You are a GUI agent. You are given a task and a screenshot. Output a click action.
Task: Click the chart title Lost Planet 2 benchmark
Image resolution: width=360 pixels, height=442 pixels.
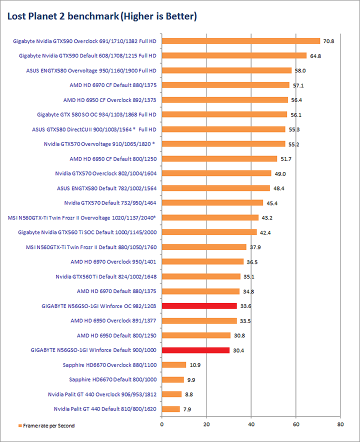pyautogui.click(x=101, y=16)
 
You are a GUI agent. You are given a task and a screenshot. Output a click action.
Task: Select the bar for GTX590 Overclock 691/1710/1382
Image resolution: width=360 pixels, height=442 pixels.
pyautogui.click(x=240, y=41)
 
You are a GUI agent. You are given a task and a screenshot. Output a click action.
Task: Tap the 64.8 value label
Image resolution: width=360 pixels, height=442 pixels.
pyautogui.click(x=315, y=56)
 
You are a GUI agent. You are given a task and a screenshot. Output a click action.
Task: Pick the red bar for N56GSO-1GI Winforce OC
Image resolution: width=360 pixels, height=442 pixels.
pyautogui.click(x=199, y=306)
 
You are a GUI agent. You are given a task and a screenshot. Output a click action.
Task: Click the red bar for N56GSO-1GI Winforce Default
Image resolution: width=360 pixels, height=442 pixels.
pyautogui.click(x=195, y=350)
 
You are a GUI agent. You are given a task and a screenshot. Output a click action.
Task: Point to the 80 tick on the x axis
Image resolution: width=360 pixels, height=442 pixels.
pyautogui.click(x=340, y=424)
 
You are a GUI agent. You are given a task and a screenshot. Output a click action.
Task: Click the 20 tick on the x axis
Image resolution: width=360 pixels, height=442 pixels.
pyautogui.click(x=206, y=424)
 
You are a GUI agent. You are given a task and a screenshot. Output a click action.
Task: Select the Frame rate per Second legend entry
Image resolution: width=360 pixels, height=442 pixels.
pyautogui.click(x=46, y=425)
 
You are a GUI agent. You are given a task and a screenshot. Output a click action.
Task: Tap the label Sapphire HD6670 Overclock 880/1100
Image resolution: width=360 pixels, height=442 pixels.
pyautogui.click(x=109, y=365)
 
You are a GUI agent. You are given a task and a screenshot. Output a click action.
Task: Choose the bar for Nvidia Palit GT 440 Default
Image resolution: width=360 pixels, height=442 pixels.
pyautogui.click(x=170, y=409)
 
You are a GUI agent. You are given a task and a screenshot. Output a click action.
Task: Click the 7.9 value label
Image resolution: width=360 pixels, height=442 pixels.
pyautogui.click(x=187, y=409)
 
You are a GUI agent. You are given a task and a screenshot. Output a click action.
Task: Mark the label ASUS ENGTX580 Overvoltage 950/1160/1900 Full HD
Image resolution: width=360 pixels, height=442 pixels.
pyautogui.click(x=91, y=70)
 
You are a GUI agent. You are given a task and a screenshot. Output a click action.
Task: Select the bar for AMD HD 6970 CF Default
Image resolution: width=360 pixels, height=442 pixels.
pyautogui.click(x=225, y=85)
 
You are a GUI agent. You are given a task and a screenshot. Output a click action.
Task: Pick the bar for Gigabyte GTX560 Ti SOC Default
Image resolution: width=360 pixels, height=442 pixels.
pyautogui.click(x=209, y=232)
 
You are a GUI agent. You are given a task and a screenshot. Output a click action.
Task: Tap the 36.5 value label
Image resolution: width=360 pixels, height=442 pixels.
pyautogui.click(x=251, y=262)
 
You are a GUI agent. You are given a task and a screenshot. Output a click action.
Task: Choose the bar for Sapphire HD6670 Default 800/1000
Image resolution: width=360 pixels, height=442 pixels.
pyautogui.click(x=173, y=379)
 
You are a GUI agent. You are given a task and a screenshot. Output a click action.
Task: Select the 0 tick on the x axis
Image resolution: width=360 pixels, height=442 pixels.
pyautogui.click(x=162, y=424)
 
